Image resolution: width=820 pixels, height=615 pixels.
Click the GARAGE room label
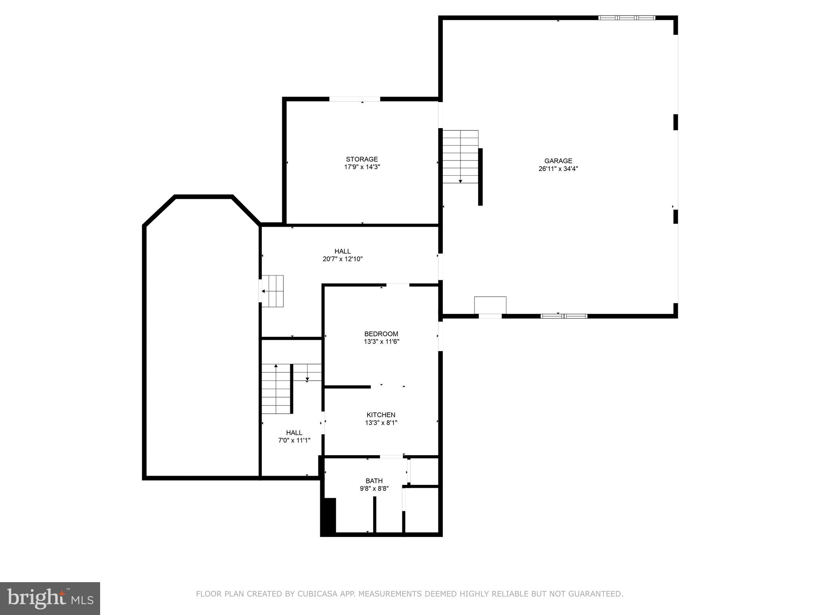point(558,161)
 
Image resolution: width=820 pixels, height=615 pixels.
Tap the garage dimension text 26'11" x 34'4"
point(558,169)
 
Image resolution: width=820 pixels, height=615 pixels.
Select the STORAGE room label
point(362,159)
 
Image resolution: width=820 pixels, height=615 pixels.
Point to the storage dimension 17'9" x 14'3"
point(362,167)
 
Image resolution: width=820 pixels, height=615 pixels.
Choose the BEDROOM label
point(381,334)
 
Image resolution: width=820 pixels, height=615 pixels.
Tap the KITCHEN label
point(381,415)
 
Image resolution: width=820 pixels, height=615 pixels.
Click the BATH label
point(374,481)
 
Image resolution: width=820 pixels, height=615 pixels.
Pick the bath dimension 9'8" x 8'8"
point(374,488)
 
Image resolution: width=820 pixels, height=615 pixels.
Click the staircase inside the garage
point(460,157)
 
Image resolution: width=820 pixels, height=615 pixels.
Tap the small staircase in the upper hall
point(273,291)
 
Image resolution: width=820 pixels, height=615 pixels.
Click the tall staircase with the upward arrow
point(276,389)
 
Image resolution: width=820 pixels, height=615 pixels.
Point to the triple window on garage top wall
point(627,18)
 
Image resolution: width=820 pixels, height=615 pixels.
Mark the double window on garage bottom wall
point(564,316)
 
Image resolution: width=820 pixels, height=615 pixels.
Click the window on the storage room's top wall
point(354,99)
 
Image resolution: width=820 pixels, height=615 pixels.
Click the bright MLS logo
point(50,598)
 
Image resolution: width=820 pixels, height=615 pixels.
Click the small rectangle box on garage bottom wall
point(490,305)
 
